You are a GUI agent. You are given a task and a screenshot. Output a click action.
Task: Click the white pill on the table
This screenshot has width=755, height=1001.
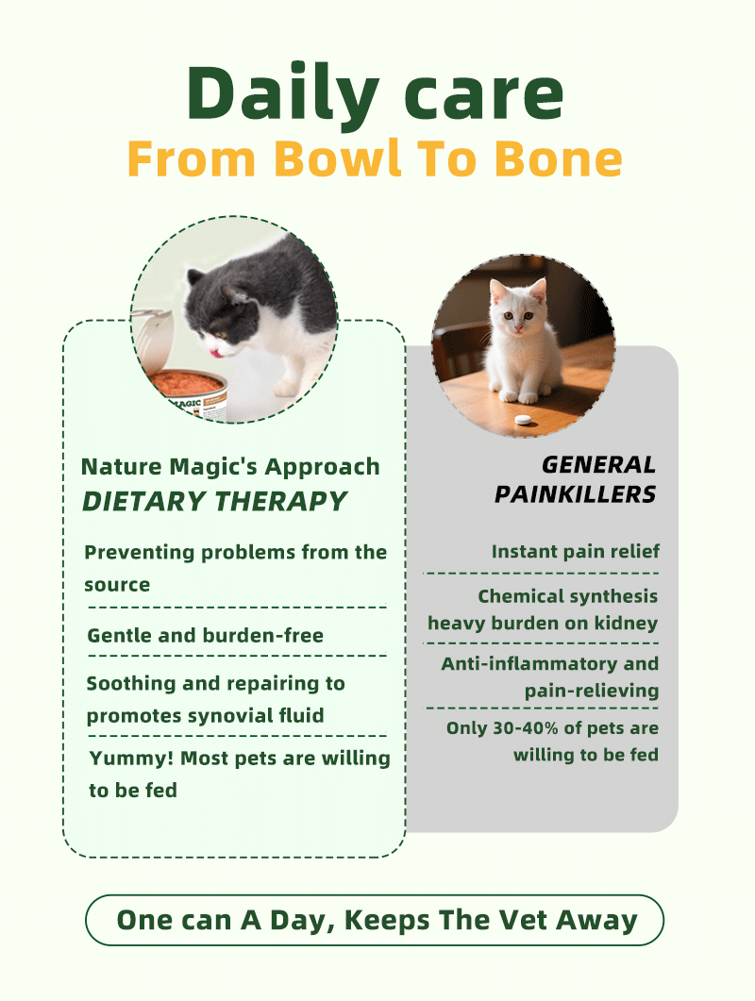523,420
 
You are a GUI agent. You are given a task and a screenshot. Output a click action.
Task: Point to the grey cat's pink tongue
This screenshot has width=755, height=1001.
218,351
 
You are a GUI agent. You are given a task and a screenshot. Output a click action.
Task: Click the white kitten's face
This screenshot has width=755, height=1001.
516,309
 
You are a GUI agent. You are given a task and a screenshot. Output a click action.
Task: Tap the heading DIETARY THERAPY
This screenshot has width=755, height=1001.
214,502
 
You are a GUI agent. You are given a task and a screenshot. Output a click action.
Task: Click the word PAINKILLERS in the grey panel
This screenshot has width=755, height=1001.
575,494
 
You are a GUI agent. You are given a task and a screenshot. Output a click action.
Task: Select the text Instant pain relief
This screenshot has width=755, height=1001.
575,552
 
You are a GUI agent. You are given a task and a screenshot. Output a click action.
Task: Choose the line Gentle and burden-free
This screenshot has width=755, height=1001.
205,635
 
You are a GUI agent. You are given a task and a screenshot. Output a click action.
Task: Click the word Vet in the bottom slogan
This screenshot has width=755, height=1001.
523,921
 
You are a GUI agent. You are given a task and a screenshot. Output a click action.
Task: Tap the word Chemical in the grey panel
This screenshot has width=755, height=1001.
521,596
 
